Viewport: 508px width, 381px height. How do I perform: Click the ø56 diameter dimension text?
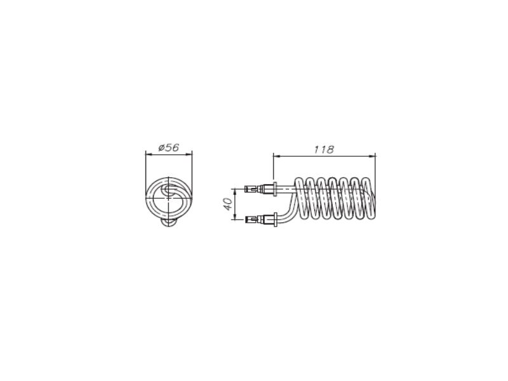pyautogui.click(x=168, y=148)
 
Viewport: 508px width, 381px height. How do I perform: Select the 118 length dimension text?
pyautogui.click(x=324, y=149)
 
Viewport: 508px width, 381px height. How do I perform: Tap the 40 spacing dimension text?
pyautogui.click(x=229, y=204)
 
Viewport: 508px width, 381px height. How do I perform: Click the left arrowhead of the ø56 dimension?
pyautogui.click(x=149, y=155)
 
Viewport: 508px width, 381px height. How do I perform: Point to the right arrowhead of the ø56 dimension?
pyautogui.click(x=189, y=155)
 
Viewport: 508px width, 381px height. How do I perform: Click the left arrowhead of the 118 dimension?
pyautogui.click(x=276, y=156)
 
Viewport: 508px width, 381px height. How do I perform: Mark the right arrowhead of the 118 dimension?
pyautogui.click(x=373, y=156)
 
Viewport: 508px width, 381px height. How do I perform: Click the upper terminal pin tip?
pyautogui.click(x=247, y=189)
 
